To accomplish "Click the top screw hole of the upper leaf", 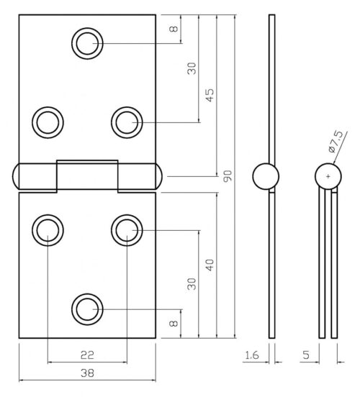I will click(87, 43).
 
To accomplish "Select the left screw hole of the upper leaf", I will click(48, 122).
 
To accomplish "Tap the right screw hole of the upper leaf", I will click(127, 122).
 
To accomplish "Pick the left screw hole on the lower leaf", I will click(48, 230).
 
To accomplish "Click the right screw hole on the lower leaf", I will click(127, 230).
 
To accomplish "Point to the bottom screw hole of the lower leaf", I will click(87, 309).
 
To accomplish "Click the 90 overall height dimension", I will click(228, 175).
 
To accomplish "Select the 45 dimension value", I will click(210, 95).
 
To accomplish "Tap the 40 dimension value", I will click(209, 265).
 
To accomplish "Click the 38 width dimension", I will click(87, 373).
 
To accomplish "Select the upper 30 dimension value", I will click(192, 69).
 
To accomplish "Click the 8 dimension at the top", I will click(172, 29).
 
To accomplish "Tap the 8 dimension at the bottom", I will click(172, 324).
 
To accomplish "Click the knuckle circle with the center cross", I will click(328, 176).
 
